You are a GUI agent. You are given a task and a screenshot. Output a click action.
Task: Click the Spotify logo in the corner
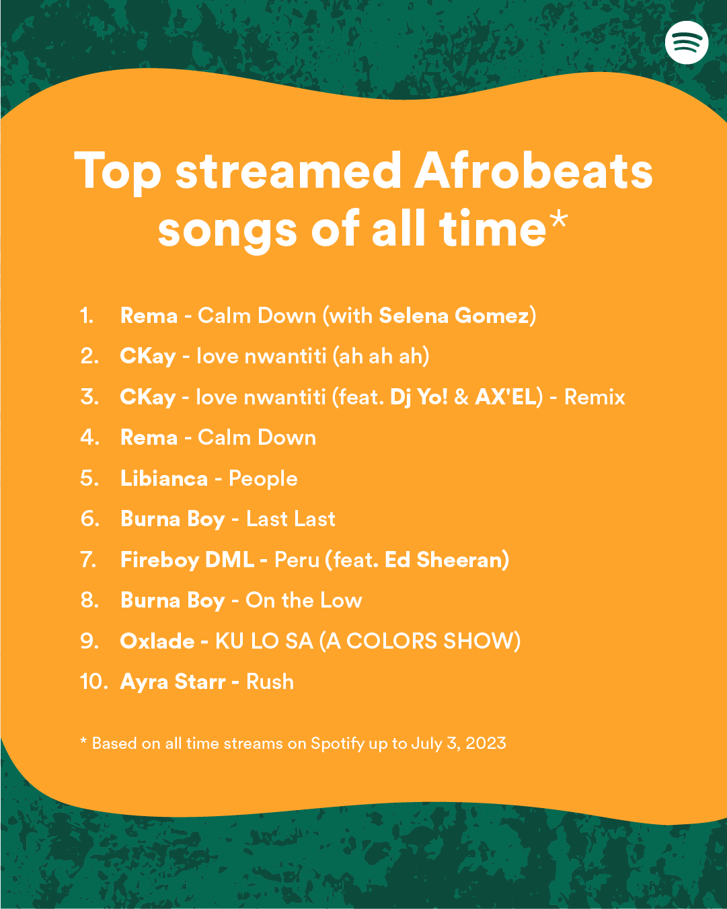(x=687, y=42)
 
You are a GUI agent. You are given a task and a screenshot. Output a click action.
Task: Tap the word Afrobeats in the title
(x=533, y=171)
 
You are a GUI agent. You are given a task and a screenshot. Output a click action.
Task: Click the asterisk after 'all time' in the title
(x=559, y=221)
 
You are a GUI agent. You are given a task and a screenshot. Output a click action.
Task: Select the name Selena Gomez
(x=454, y=316)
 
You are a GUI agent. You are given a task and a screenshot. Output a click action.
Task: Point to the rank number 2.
(x=89, y=356)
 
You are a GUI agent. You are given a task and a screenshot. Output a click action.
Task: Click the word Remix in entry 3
(x=595, y=397)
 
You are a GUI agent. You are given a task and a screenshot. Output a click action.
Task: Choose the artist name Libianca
(x=164, y=478)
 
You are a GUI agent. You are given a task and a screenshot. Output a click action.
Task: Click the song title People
(x=263, y=478)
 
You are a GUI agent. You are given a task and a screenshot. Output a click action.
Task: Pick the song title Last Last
(x=291, y=519)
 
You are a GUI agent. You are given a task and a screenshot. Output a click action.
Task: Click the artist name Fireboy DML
(x=187, y=560)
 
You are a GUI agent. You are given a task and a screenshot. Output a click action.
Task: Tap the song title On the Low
(x=304, y=600)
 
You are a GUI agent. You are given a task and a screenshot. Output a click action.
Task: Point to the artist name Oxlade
(x=157, y=641)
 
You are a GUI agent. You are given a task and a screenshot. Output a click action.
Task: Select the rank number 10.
(x=93, y=682)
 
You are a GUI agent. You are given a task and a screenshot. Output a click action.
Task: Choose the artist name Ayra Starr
(x=173, y=682)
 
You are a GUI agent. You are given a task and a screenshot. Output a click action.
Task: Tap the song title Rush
(x=270, y=682)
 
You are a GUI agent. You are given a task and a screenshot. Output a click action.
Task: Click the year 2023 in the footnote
(x=486, y=743)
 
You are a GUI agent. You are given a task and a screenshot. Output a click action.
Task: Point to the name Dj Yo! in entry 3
(x=418, y=397)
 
